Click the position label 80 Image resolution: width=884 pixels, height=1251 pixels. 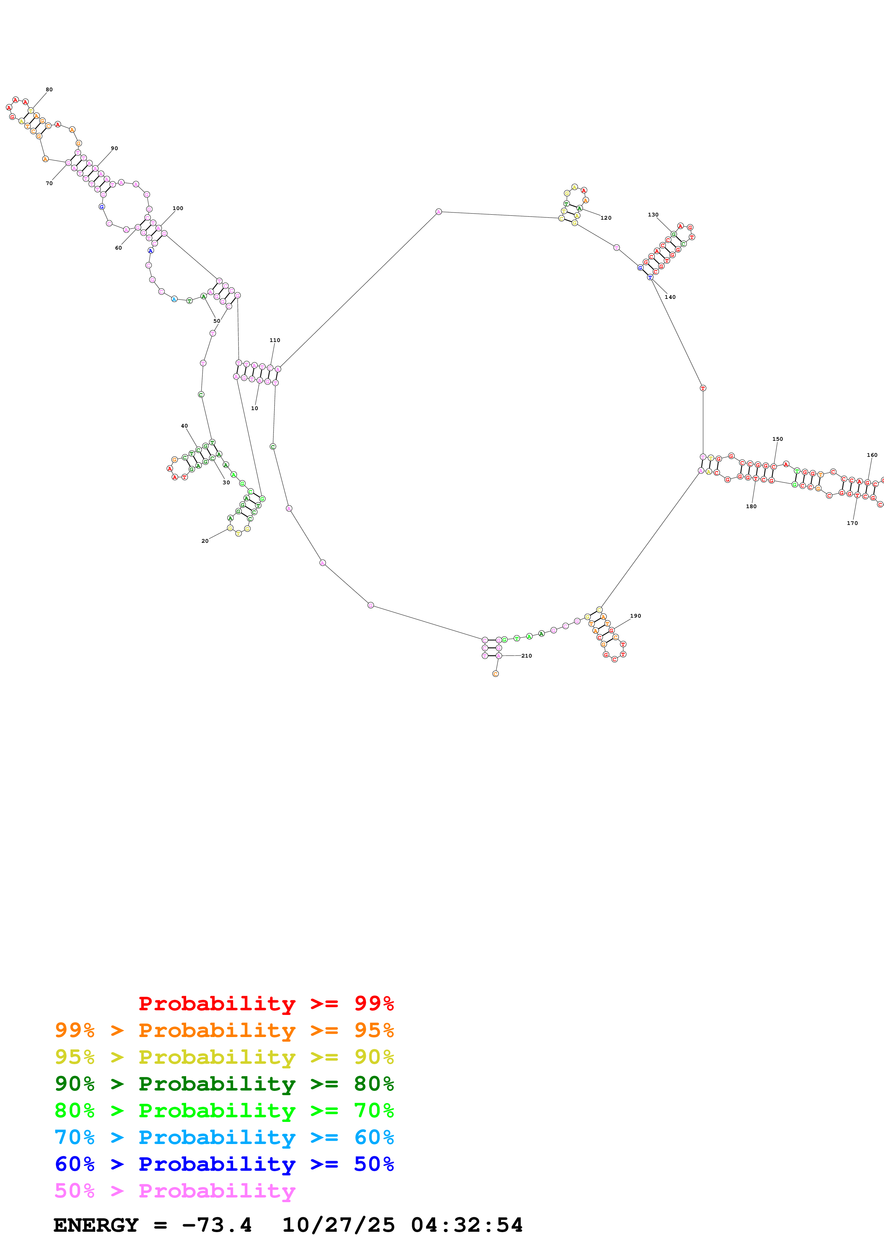(49, 90)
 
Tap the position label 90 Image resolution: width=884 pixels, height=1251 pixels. (114, 148)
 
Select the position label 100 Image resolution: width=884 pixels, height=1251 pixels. (178, 208)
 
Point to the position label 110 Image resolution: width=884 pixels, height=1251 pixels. (275, 340)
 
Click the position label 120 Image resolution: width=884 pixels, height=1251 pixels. (605, 218)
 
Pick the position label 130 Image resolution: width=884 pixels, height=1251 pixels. (653, 215)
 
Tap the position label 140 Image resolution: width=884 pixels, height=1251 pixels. (670, 297)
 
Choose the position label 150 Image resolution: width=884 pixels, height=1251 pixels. (777, 439)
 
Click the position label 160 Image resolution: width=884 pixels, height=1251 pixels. (872, 455)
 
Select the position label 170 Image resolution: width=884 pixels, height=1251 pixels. (852, 523)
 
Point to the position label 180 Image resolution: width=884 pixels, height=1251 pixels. (751, 506)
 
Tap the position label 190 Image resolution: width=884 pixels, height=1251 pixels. (635, 616)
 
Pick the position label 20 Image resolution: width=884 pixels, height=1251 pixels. (205, 541)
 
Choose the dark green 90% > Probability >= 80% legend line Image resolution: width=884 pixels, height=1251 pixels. (224, 1084)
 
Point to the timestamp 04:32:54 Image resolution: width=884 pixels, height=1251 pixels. (467, 1225)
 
